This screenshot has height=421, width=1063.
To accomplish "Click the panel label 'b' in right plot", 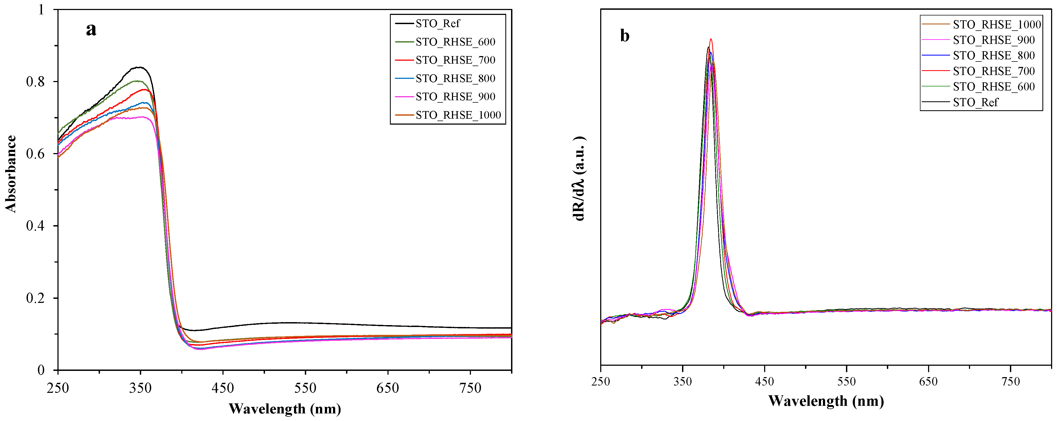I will point(625,36).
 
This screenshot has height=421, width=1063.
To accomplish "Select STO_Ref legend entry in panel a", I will point(437,24).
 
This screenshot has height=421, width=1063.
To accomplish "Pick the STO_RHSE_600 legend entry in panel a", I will point(455,42).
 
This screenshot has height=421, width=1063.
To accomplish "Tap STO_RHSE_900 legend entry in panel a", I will point(455,97).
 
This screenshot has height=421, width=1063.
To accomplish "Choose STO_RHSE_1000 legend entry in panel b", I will point(997,25).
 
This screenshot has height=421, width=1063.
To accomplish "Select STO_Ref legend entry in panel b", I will point(975,102).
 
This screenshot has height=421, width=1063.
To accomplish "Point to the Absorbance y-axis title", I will point(11,173).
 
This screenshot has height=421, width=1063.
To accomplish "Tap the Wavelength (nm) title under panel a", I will point(285,409).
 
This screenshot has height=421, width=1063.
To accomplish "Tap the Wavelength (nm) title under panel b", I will point(826,401).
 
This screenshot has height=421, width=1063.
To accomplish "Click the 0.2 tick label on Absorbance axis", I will point(35,298).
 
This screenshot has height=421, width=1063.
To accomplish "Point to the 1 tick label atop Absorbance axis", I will point(41,9).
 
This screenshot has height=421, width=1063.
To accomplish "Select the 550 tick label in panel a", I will point(305,388).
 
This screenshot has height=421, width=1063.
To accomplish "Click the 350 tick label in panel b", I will point(683,381).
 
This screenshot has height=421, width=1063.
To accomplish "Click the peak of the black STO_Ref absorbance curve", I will point(140,67).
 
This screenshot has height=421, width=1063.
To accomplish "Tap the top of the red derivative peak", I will point(710,39).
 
